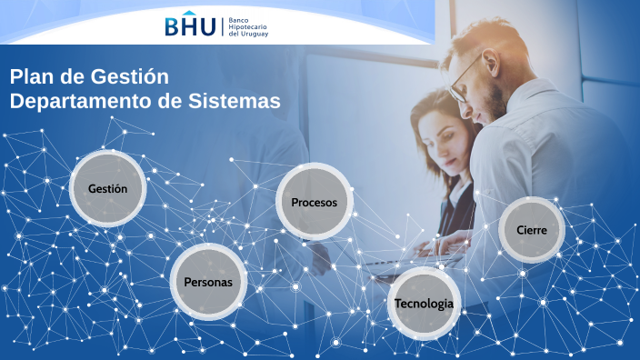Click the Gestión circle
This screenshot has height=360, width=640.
coord(107,188)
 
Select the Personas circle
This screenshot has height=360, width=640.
coord(208,281)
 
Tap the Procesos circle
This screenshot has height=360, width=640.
coord(314,202)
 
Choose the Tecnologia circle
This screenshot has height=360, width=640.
coord(424,303)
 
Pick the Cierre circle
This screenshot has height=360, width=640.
coord(532,229)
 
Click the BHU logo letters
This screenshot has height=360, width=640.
coord(190,26)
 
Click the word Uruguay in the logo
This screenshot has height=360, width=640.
coord(255,35)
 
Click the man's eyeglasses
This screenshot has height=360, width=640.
coord(465,76)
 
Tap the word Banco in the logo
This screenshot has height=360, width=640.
coord(238,18)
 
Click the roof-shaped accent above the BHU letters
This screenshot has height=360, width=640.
coord(190,13)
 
